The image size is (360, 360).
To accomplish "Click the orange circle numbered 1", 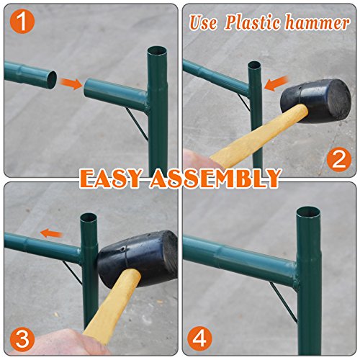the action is click(22, 22).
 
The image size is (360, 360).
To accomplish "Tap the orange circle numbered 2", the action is click(338, 160).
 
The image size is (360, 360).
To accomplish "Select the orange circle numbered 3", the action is click(22, 339).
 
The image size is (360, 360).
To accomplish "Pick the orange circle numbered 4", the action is click(199, 339).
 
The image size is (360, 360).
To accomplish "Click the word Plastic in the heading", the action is click(253, 22).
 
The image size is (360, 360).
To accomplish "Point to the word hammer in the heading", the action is click(318, 23).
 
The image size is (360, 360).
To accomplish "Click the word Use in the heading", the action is click(203, 22).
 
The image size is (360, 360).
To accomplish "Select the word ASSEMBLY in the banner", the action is click(215, 178).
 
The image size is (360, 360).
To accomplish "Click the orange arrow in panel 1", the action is click(71, 84).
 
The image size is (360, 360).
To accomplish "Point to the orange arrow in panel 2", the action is click(276, 83).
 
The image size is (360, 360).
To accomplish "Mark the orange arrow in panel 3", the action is click(52, 233).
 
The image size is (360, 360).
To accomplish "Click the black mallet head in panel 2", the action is click(316, 100).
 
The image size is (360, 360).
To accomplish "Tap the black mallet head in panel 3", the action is click(138, 258).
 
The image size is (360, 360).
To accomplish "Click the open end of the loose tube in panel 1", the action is click(51, 80).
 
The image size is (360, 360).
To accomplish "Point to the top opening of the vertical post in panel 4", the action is click(308, 213).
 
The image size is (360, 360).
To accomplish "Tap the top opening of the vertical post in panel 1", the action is click(157, 52).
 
